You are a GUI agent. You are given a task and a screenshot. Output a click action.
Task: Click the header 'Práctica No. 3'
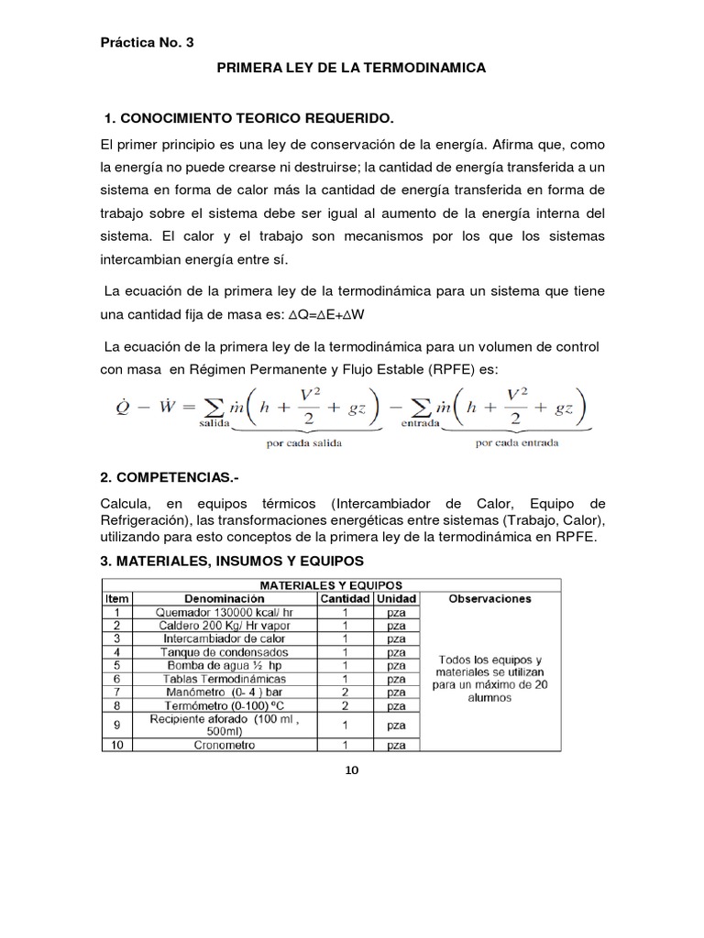pos(146,42)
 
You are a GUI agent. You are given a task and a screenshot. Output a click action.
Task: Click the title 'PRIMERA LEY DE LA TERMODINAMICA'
pos(351,69)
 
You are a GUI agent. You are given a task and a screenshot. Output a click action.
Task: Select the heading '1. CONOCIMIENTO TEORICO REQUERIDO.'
pos(249,119)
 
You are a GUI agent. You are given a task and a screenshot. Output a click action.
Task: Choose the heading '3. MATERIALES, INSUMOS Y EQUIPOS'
pos(232,560)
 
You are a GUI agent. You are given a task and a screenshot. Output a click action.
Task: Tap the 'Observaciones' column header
pos(490,598)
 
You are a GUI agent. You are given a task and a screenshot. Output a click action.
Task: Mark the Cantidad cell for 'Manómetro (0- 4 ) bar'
pos(344,693)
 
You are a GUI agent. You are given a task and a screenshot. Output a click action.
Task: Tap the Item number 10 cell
pos(116,745)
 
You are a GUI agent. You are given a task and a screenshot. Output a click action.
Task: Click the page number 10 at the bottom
pos(351,769)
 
